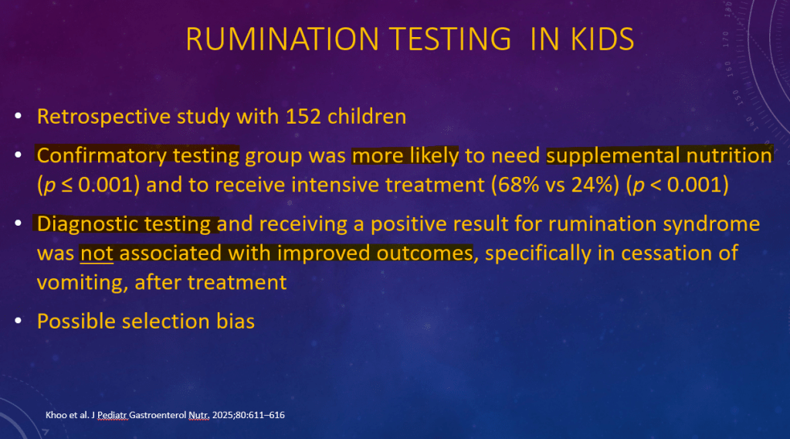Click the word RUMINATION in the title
282,39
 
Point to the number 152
303,117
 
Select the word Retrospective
103,117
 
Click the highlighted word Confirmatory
101,156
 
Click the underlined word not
97,253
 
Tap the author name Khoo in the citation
56,415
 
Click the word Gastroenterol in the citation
158,415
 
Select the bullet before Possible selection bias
19,321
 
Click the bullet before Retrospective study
19,116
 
